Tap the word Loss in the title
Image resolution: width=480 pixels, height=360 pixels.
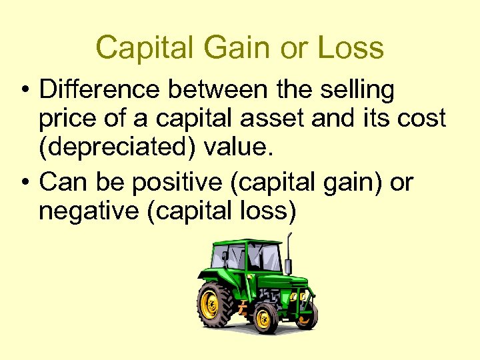tap(351, 48)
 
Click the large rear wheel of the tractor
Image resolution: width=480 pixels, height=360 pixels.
tap(215, 303)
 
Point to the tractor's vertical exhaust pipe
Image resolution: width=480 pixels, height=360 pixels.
tap(288, 257)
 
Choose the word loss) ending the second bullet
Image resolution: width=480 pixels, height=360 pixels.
tap(269, 210)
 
